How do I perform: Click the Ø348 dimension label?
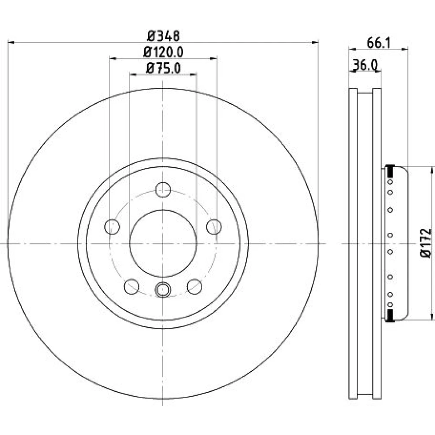tap(164, 36)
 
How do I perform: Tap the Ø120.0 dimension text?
tap(163, 52)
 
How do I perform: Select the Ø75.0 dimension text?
tap(163, 68)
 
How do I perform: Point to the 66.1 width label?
tap(378, 43)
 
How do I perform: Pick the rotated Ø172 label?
tap(426, 243)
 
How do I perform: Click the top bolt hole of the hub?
tap(163, 190)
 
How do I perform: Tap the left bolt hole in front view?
tap(112, 227)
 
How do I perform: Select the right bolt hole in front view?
tap(214, 227)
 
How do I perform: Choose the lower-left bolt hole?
tap(131, 287)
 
